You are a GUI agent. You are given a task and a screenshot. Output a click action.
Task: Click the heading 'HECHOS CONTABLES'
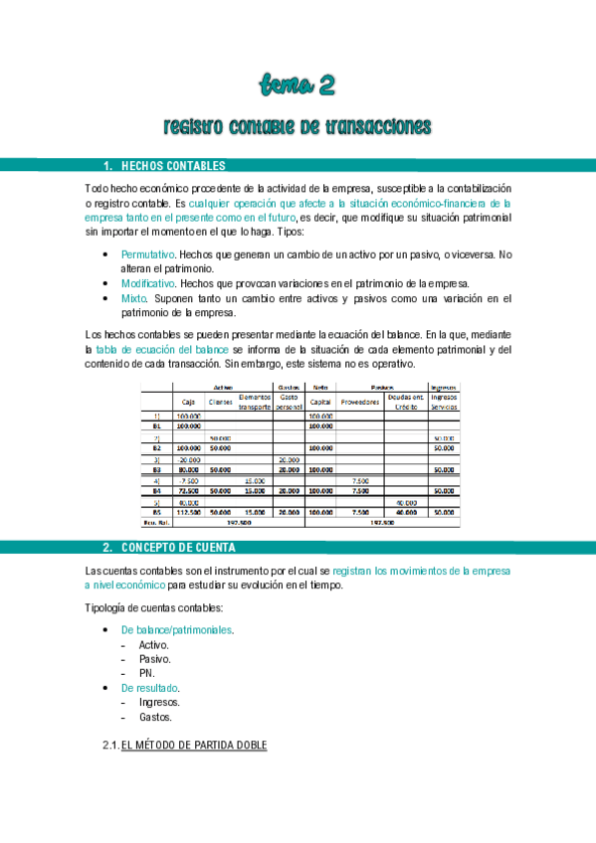(172, 165)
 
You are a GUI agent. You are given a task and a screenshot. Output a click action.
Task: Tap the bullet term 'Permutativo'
(147, 254)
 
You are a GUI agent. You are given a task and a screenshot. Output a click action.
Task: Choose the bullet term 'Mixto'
(133, 297)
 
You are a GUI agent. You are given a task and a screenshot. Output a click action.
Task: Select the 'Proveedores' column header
(360, 402)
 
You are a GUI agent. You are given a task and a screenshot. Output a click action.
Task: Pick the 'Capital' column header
(320, 402)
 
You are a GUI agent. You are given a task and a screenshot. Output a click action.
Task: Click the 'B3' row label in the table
(156, 470)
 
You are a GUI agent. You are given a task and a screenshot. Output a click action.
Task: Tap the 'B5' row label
(156, 513)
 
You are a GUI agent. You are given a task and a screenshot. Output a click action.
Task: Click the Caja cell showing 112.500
(189, 513)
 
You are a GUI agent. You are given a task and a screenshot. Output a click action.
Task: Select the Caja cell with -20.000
(189, 460)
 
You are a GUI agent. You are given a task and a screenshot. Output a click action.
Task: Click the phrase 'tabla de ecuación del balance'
(162, 350)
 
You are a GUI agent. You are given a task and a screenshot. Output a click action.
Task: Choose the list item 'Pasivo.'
(154, 658)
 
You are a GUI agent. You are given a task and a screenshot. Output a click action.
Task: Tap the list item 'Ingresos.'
(159, 702)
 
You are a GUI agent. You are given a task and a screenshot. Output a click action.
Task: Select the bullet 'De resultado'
(150, 687)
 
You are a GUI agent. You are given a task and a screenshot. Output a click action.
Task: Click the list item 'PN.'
(147, 672)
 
